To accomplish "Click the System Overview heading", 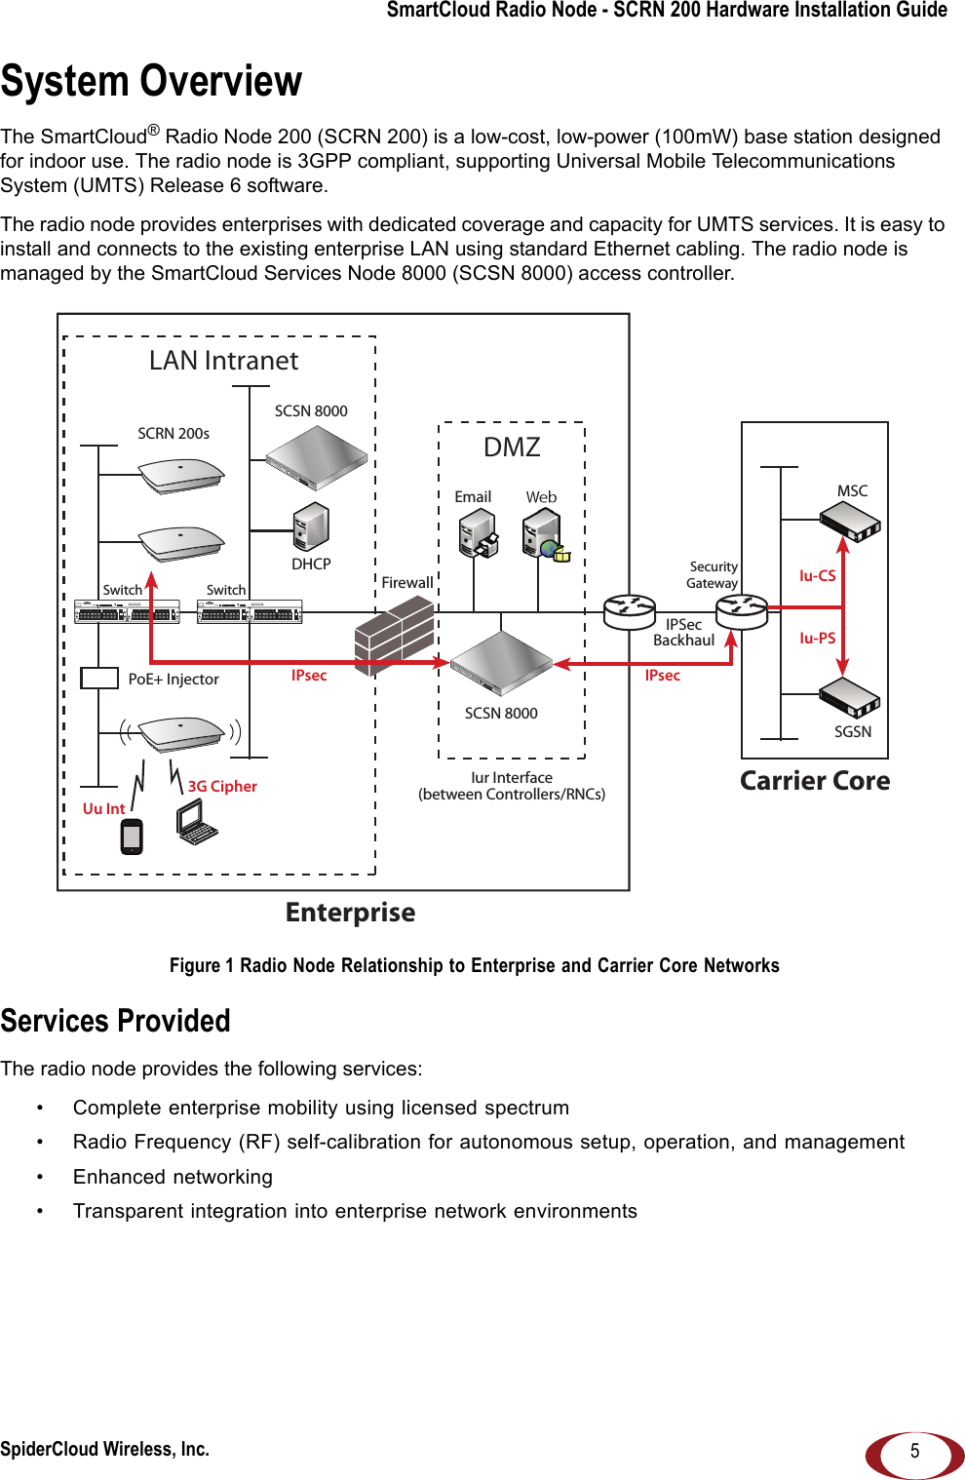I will coord(151,81).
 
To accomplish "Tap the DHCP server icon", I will coord(311,527).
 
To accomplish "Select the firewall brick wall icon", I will coord(394,635).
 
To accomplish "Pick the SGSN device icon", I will coord(850,695).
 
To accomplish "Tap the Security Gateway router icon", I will coord(742,611).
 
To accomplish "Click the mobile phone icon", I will coord(132,836).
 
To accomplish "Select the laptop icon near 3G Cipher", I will coord(197,822).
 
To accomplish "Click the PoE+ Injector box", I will coord(99,678).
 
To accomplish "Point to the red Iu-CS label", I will coord(817,576).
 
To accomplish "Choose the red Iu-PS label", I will coord(817,639).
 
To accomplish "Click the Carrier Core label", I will coord(815,781).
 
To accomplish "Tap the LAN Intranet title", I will coord(223,361).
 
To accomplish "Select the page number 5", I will coord(914,1451).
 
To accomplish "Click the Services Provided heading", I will coord(116,1021).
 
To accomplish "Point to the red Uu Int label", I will coord(103,809).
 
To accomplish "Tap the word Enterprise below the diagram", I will coord(350,913).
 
